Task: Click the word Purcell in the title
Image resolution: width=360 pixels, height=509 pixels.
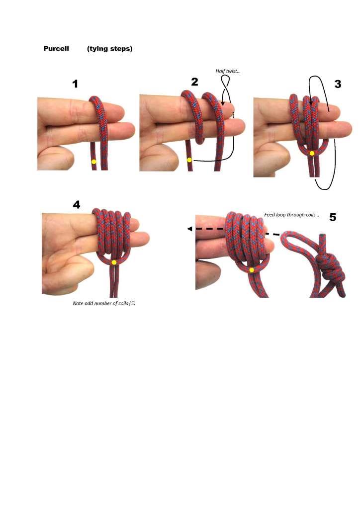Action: [x=56, y=49]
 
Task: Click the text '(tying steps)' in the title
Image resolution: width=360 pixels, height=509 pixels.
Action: [x=110, y=49]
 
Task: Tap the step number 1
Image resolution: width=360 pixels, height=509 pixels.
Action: [x=75, y=84]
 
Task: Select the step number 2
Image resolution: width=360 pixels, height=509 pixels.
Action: [x=194, y=82]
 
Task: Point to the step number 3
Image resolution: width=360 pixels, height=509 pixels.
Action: [x=338, y=85]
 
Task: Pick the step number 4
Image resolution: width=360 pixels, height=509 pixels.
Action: [x=76, y=205]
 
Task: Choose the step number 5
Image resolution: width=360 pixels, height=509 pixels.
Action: [x=333, y=217]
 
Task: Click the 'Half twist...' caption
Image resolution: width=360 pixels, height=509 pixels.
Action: [x=228, y=71]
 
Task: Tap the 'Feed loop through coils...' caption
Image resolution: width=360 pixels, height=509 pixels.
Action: [x=291, y=215]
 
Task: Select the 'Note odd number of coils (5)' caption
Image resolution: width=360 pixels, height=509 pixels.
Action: [x=104, y=303]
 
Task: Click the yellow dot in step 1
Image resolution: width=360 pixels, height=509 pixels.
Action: [x=94, y=162]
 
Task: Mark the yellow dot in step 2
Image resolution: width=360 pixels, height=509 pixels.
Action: [x=189, y=160]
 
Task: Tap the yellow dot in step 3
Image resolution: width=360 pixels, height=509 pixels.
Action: [x=312, y=153]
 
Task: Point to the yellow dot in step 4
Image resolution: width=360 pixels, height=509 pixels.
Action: [x=114, y=262]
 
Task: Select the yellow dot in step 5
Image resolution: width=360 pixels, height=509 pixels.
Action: [x=252, y=270]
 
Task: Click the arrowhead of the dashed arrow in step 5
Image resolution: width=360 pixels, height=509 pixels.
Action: [x=190, y=229]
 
